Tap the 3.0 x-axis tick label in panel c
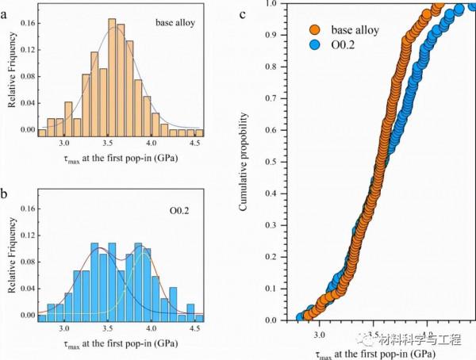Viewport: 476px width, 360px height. tap(319, 334)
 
